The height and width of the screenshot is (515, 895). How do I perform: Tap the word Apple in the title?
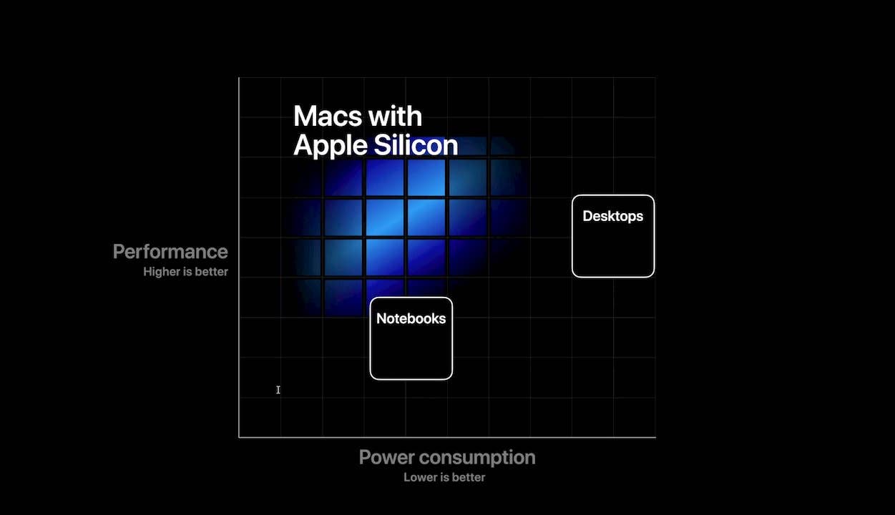tap(331, 146)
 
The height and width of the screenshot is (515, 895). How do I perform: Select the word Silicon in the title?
tap(416, 145)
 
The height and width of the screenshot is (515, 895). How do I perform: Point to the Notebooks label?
tap(411, 319)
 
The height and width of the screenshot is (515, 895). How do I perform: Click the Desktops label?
tap(612, 216)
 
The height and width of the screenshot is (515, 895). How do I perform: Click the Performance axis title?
tap(170, 252)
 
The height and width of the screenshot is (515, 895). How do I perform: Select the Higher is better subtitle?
tap(185, 272)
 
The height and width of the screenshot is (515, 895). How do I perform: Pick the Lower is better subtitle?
tap(444, 477)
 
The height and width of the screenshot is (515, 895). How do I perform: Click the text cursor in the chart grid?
tap(278, 390)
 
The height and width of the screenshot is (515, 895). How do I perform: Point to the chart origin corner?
tap(239, 436)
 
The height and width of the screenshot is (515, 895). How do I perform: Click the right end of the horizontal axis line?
tap(655, 436)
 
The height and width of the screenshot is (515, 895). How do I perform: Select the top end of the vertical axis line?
tap(239, 79)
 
